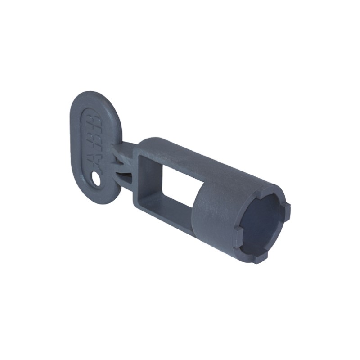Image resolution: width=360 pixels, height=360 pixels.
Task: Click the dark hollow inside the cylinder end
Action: pos(263,220)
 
